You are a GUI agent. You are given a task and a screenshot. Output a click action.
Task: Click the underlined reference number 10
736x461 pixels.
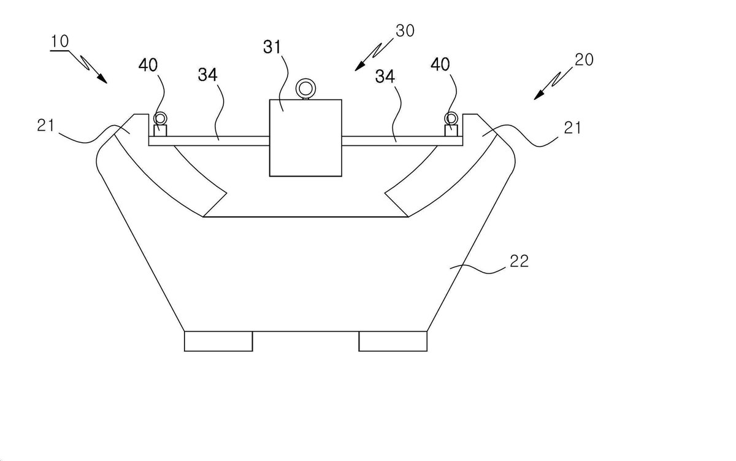point(59,42)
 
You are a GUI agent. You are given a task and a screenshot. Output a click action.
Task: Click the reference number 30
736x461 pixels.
point(405,31)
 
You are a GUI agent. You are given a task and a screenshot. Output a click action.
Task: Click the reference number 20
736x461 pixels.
point(584,59)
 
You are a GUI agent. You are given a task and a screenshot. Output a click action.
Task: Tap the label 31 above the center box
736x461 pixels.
point(272,47)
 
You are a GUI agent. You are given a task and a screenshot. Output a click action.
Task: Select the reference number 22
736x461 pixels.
point(519,261)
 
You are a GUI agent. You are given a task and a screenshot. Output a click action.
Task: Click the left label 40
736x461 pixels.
point(148,65)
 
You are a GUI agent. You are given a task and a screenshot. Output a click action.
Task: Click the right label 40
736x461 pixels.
point(440,64)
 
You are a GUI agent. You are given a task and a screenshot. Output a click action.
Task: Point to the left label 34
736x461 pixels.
point(208,75)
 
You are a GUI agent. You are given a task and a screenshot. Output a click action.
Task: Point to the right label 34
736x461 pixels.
point(385,77)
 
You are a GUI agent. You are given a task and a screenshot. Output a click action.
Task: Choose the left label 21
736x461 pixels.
point(45,126)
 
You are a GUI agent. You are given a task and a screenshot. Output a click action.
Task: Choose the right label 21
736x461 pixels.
point(572,128)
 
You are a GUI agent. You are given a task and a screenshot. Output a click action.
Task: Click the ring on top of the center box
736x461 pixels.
point(305,88)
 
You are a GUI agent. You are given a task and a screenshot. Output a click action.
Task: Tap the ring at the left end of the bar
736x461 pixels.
point(160,118)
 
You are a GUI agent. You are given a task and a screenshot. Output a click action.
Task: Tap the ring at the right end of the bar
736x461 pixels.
point(451,118)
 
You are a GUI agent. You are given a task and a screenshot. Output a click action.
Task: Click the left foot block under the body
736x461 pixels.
point(218,341)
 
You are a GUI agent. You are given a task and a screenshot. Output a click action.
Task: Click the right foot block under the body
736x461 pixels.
point(393,341)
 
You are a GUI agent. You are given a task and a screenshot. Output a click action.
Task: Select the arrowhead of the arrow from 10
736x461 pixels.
point(102,79)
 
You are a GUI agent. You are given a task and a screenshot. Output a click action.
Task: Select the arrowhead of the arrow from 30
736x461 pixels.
point(359,66)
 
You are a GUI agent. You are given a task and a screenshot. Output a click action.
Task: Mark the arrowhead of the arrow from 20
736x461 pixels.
point(539,95)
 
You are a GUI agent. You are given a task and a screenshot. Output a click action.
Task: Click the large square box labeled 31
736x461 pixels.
point(305,138)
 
